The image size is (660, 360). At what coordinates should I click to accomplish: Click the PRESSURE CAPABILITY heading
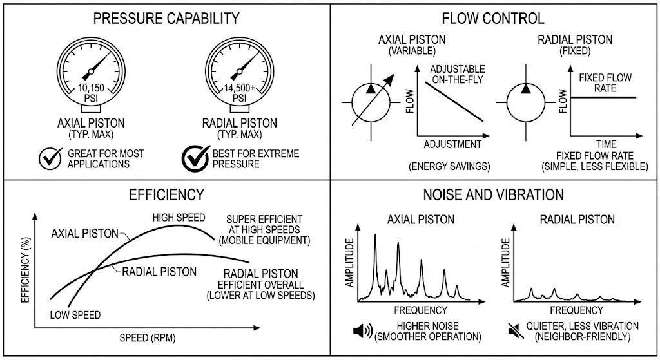tap(166, 19)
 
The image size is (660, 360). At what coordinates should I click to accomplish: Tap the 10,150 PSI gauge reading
tap(91, 93)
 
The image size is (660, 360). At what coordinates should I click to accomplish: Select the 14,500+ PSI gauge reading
tap(239, 93)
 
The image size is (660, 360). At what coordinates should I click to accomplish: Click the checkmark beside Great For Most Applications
tap(50, 158)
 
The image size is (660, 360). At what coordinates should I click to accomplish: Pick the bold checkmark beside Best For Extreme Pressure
tap(196, 158)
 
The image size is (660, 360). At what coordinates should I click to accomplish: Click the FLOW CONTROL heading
tap(493, 19)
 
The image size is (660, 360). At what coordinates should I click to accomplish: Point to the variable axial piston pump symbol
tap(371, 102)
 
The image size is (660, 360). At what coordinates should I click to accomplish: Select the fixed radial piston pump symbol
tap(526, 102)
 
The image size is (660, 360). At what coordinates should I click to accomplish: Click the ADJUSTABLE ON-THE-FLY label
tap(458, 75)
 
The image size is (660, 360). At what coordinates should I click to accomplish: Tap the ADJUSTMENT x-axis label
tap(452, 145)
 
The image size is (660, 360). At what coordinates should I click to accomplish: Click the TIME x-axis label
tap(607, 144)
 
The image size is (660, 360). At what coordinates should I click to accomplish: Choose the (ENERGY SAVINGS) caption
tap(449, 167)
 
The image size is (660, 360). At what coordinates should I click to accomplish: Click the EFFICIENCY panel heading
tap(166, 194)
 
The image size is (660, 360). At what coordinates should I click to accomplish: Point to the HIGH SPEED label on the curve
tap(179, 218)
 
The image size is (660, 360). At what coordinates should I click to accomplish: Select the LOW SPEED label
tap(75, 315)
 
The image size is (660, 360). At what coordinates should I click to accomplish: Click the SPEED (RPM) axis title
tap(148, 337)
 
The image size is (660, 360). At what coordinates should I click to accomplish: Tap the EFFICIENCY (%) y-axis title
tap(26, 270)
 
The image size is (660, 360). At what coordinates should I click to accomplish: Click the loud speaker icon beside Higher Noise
tap(363, 331)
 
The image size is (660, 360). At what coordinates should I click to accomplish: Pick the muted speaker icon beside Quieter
tap(516, 331)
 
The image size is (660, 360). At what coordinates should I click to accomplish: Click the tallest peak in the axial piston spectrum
tap(375, 236)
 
